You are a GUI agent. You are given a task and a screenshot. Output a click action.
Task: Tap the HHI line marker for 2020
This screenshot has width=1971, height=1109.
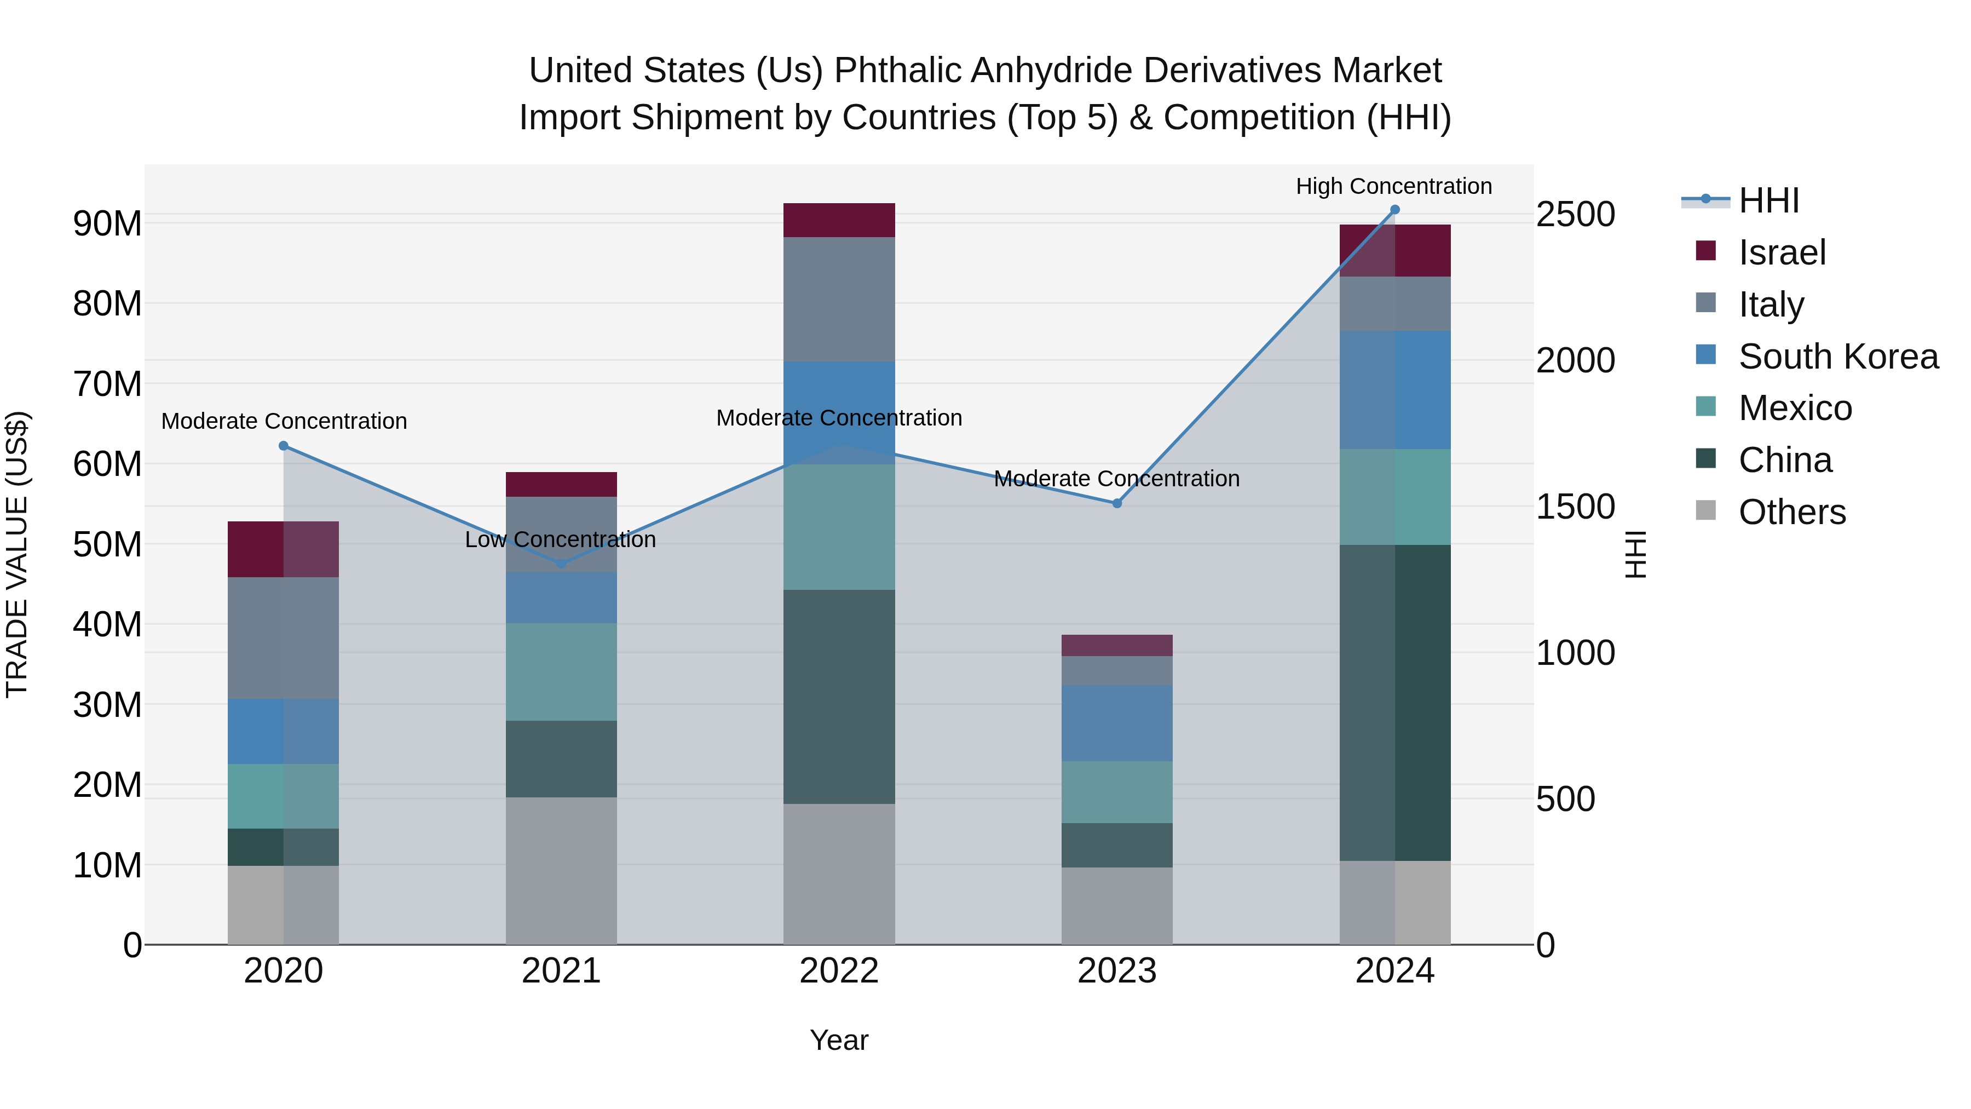coord(284,445)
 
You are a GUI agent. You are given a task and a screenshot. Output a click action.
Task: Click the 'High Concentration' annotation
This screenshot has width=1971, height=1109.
coord(1393,186)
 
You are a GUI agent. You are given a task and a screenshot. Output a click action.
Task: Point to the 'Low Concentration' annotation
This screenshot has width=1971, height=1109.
coord(560,539)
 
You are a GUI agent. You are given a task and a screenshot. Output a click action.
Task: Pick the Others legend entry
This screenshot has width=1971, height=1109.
coord(1791,512)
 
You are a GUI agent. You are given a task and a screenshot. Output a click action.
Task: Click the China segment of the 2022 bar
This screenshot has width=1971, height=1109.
coord(839,697)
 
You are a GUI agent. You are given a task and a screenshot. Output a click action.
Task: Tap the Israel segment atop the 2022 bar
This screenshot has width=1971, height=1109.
coord(839,220)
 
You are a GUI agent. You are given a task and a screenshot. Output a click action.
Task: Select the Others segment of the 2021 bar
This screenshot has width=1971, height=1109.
coord(561,870)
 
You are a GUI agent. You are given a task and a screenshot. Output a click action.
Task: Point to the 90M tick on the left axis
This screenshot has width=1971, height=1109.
coord(107,223)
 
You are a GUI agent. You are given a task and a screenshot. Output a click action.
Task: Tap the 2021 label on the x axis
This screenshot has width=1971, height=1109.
coord(561,971)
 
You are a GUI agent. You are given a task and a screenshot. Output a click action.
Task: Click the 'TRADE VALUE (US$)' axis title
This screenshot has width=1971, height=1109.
coord(17,554)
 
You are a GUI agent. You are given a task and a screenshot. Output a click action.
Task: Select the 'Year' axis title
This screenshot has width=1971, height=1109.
coord(839,1040)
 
